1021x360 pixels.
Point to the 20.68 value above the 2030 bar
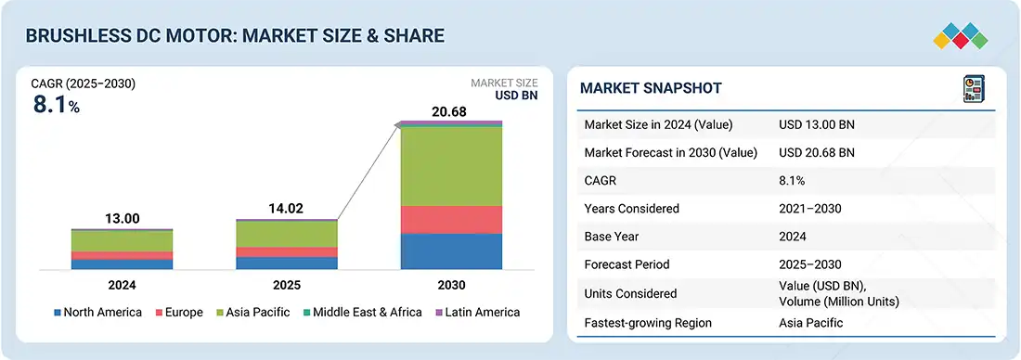449,112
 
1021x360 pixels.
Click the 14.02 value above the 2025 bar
286,209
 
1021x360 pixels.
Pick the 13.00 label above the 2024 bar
122,219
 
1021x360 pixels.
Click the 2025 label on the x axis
286,285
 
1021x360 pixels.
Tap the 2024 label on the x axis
122,285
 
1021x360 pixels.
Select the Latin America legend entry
477,313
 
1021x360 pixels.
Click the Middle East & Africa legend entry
362,313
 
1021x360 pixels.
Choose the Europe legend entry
179,313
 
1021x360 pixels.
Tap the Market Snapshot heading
651,88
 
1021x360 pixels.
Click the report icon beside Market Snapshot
974,88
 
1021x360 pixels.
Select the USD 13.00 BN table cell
817,125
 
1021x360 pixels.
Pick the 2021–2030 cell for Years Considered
810,209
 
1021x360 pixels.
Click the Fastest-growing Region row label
648,323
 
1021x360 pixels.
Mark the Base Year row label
612,237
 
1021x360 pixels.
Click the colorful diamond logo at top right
961,36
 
